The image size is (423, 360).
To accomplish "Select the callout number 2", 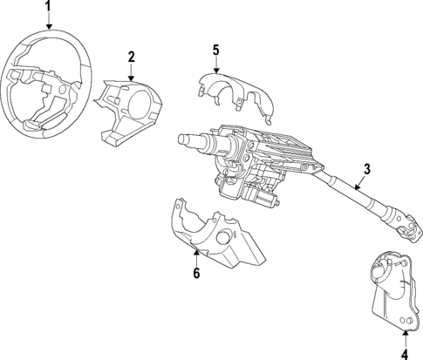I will (x=131, y=57).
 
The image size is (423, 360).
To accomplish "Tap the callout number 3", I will (x=368, y=169).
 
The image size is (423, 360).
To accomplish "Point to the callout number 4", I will (x=404, y=353).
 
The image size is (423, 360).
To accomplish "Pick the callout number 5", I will (x=215, y=49).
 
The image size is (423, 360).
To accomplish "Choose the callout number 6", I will (x=196, y=274).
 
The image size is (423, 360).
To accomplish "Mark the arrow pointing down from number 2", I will (x=131, y=71).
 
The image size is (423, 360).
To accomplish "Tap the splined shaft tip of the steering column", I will (x=186, y=138).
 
